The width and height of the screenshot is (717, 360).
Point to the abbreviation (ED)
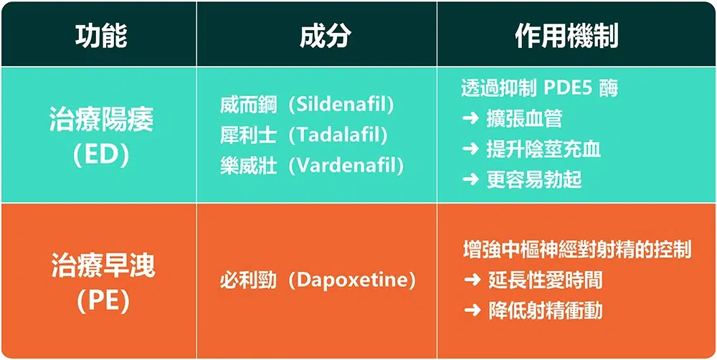pyautogui.click(x=101, y=156)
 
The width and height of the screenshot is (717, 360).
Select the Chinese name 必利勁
pyautogui.click(x=248, y=280)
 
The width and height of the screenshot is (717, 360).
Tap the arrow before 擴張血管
pyautogui.click(x=471, y=119)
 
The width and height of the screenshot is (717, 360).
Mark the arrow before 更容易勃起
pyautogui.click(x=471, y=180)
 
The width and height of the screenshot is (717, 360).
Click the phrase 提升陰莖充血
pyautogui.click(x=543, y=150)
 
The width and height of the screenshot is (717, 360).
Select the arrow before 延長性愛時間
pyautogui.click(x=473, y=280)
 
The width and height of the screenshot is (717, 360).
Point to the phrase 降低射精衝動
pyautogui.click(x=546, y=311)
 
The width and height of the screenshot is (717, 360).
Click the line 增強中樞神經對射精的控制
pyautogui.click(x=577, y=250)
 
